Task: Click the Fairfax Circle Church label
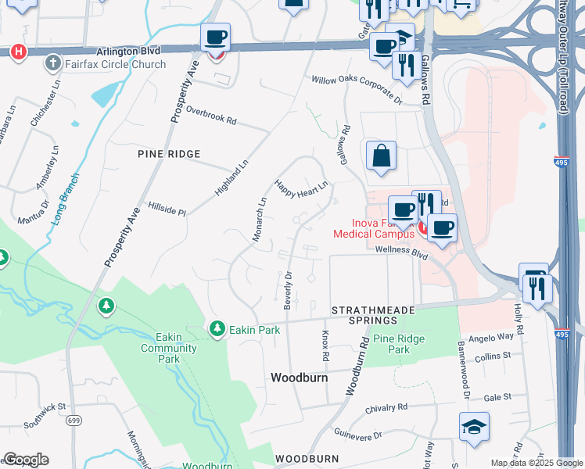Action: pos(116,64)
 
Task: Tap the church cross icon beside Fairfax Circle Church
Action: pos(52,63)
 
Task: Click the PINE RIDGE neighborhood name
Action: pos(169,154)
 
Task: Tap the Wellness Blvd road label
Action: pos(402,252)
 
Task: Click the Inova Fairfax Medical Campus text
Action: pos(372,227)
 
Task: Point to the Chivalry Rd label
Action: pos(387,407)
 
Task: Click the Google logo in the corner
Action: pos(26,460)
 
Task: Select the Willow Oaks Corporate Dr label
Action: pos(356,88)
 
